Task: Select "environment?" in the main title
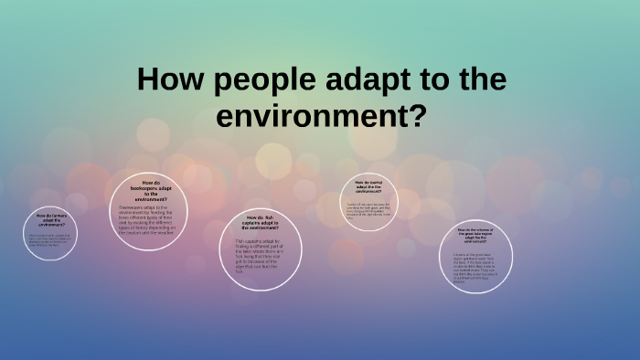pos(320,115)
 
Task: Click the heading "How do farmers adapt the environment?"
pos(50,220)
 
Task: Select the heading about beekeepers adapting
pos(152,190)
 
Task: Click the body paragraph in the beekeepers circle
pos(152,219)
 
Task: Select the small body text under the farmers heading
pos(49,240)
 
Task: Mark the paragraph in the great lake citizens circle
pos(481,266)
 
